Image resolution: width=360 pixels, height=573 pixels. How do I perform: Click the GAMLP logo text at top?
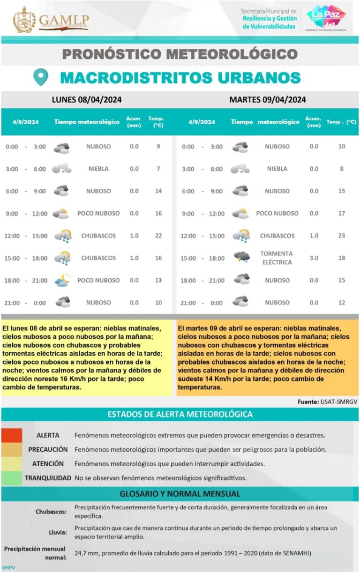(63, 21)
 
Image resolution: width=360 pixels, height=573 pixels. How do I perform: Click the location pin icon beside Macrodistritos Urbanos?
(41, 77)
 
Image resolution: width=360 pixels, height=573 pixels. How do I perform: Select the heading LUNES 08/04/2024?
(87, 99)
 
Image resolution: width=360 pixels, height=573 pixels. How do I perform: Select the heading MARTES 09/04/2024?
(268, 99)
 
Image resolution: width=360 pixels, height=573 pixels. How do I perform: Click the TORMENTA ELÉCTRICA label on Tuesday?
(277, 258)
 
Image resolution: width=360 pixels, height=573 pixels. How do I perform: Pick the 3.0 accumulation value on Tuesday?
(314, 258)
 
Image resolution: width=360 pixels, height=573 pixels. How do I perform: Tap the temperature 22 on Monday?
(158, 236)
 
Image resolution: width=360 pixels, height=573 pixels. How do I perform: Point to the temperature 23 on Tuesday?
(341, 236)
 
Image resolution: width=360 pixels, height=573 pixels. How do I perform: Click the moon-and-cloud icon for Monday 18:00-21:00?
(62, 280)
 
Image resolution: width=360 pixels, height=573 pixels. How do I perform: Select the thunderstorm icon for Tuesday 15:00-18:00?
(241, 258)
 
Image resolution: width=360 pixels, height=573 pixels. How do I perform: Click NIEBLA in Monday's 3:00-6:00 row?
(98, 169)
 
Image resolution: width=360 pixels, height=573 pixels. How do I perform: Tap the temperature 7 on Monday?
(158, 169)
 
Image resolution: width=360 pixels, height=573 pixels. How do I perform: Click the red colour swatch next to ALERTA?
(11, 435)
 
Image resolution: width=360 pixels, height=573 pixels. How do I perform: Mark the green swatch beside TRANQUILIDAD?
(11, 478)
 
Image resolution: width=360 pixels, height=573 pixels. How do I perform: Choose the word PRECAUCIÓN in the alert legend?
(48, 449)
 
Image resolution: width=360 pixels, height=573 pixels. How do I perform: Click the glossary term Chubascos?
(51, 512)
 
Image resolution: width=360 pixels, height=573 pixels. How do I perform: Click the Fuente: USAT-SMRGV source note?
(328, 402)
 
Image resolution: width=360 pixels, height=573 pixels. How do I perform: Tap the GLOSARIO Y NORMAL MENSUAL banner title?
(180, 494)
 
